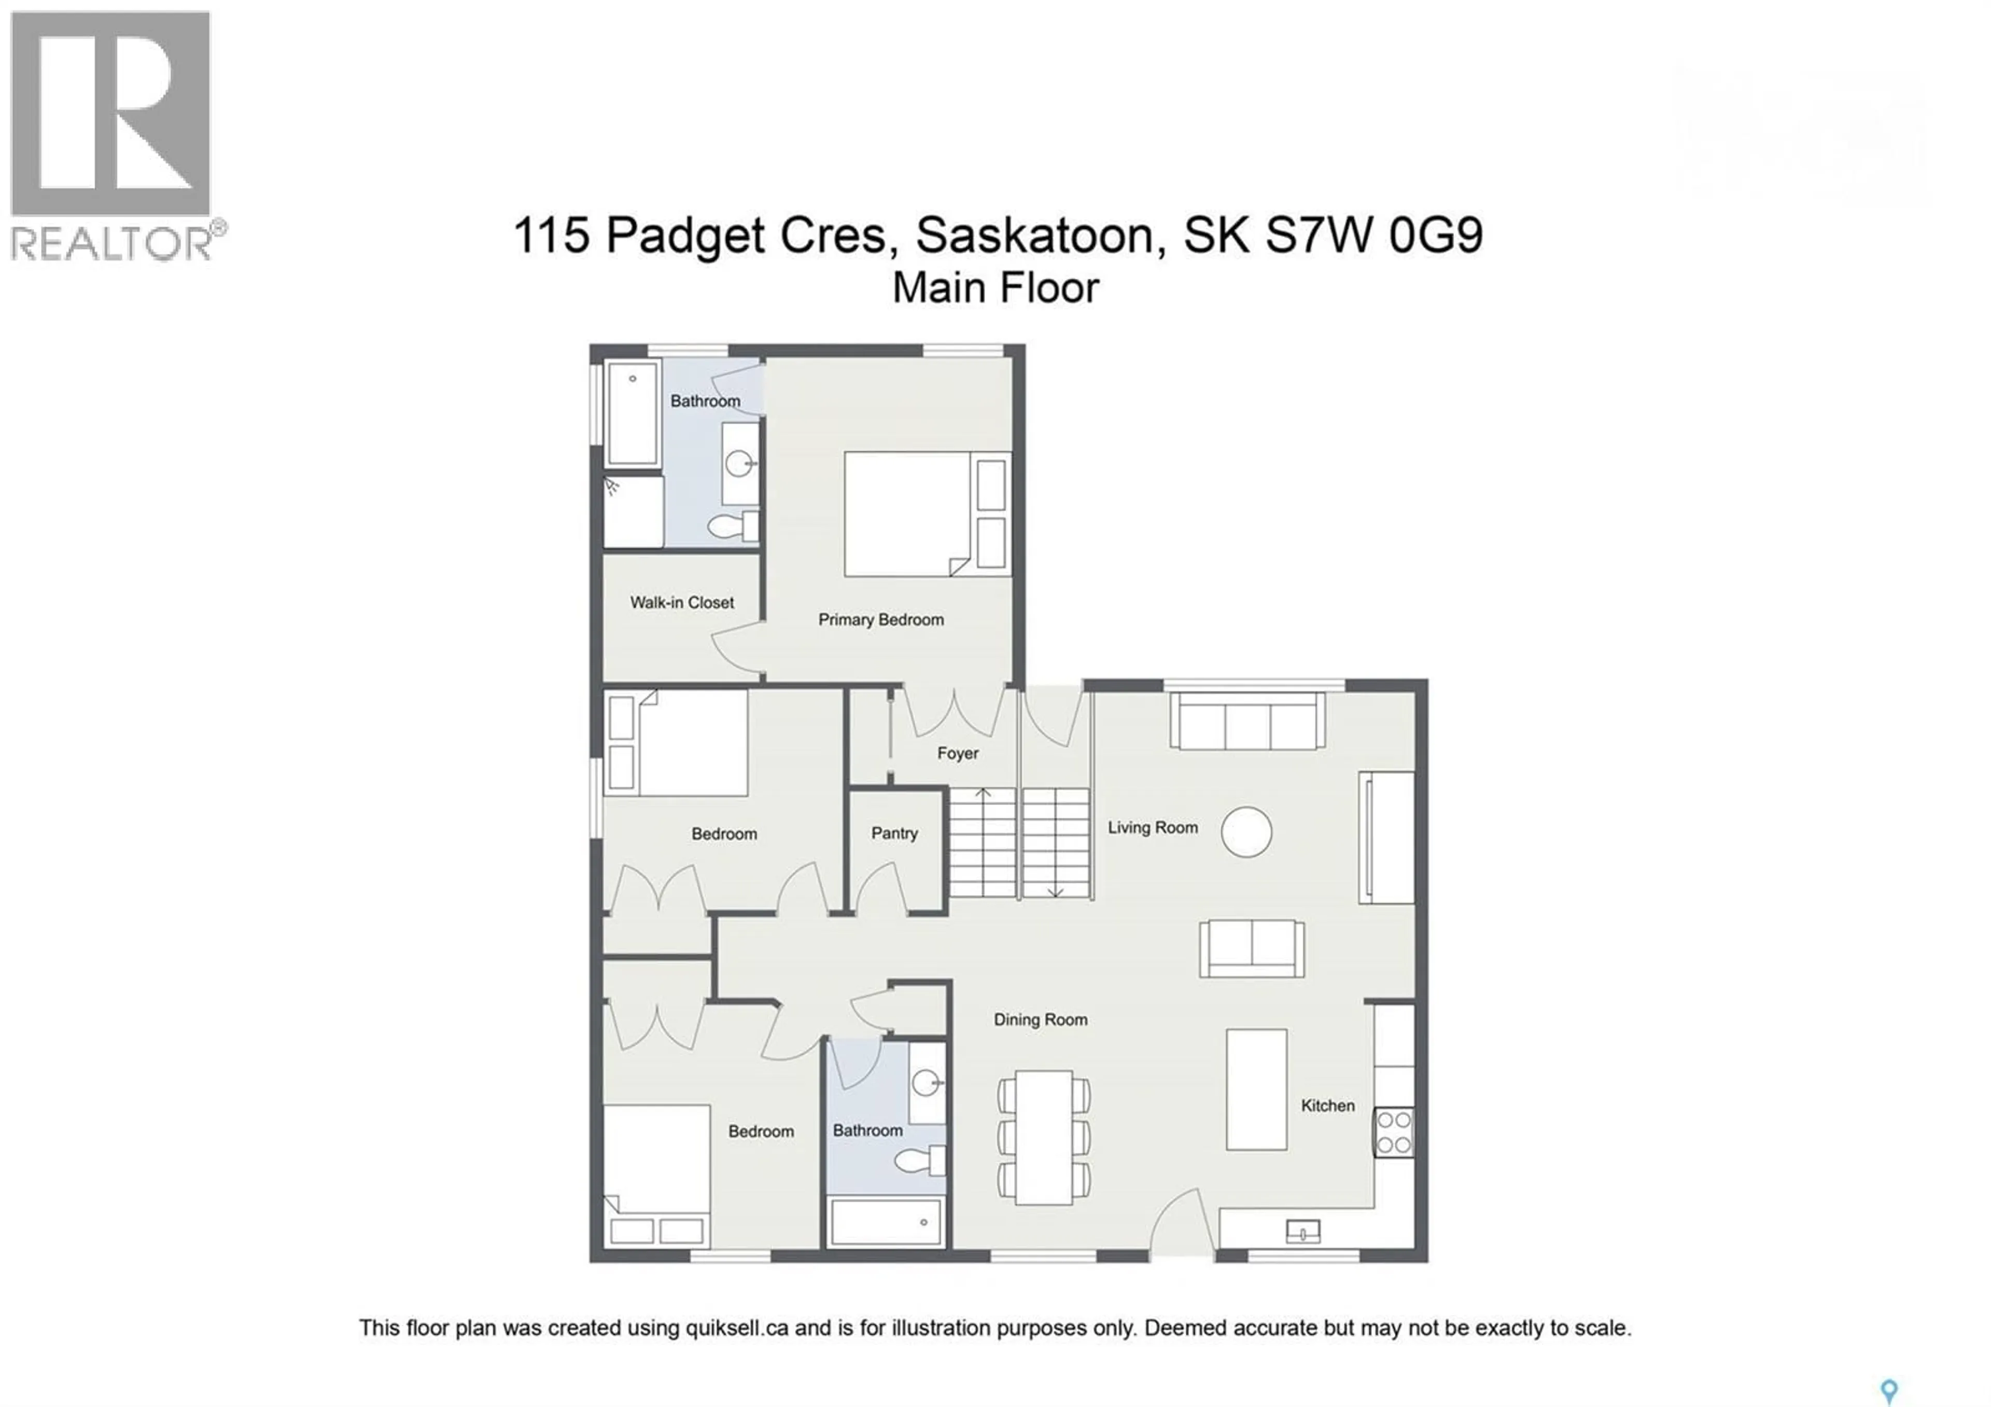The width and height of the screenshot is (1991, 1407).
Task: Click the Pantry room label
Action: tap(894, 833)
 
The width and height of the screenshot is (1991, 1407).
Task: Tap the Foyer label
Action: tap(957, 753)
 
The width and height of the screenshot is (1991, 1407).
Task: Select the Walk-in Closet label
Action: tap(682, 602)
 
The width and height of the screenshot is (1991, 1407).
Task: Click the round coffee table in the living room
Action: tap(1246, 832)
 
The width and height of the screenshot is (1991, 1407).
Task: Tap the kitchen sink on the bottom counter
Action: tap(1303, 1231)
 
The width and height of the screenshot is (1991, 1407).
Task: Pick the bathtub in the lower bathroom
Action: tap(886, 1222)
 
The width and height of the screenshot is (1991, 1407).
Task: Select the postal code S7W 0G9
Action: tap(1375, 235)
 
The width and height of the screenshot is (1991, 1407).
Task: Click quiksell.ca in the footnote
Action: tap(736, 1327)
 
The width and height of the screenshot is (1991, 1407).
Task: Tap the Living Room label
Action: tap(1153, 827)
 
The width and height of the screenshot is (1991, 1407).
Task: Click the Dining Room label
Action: tap(1040, 1020)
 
